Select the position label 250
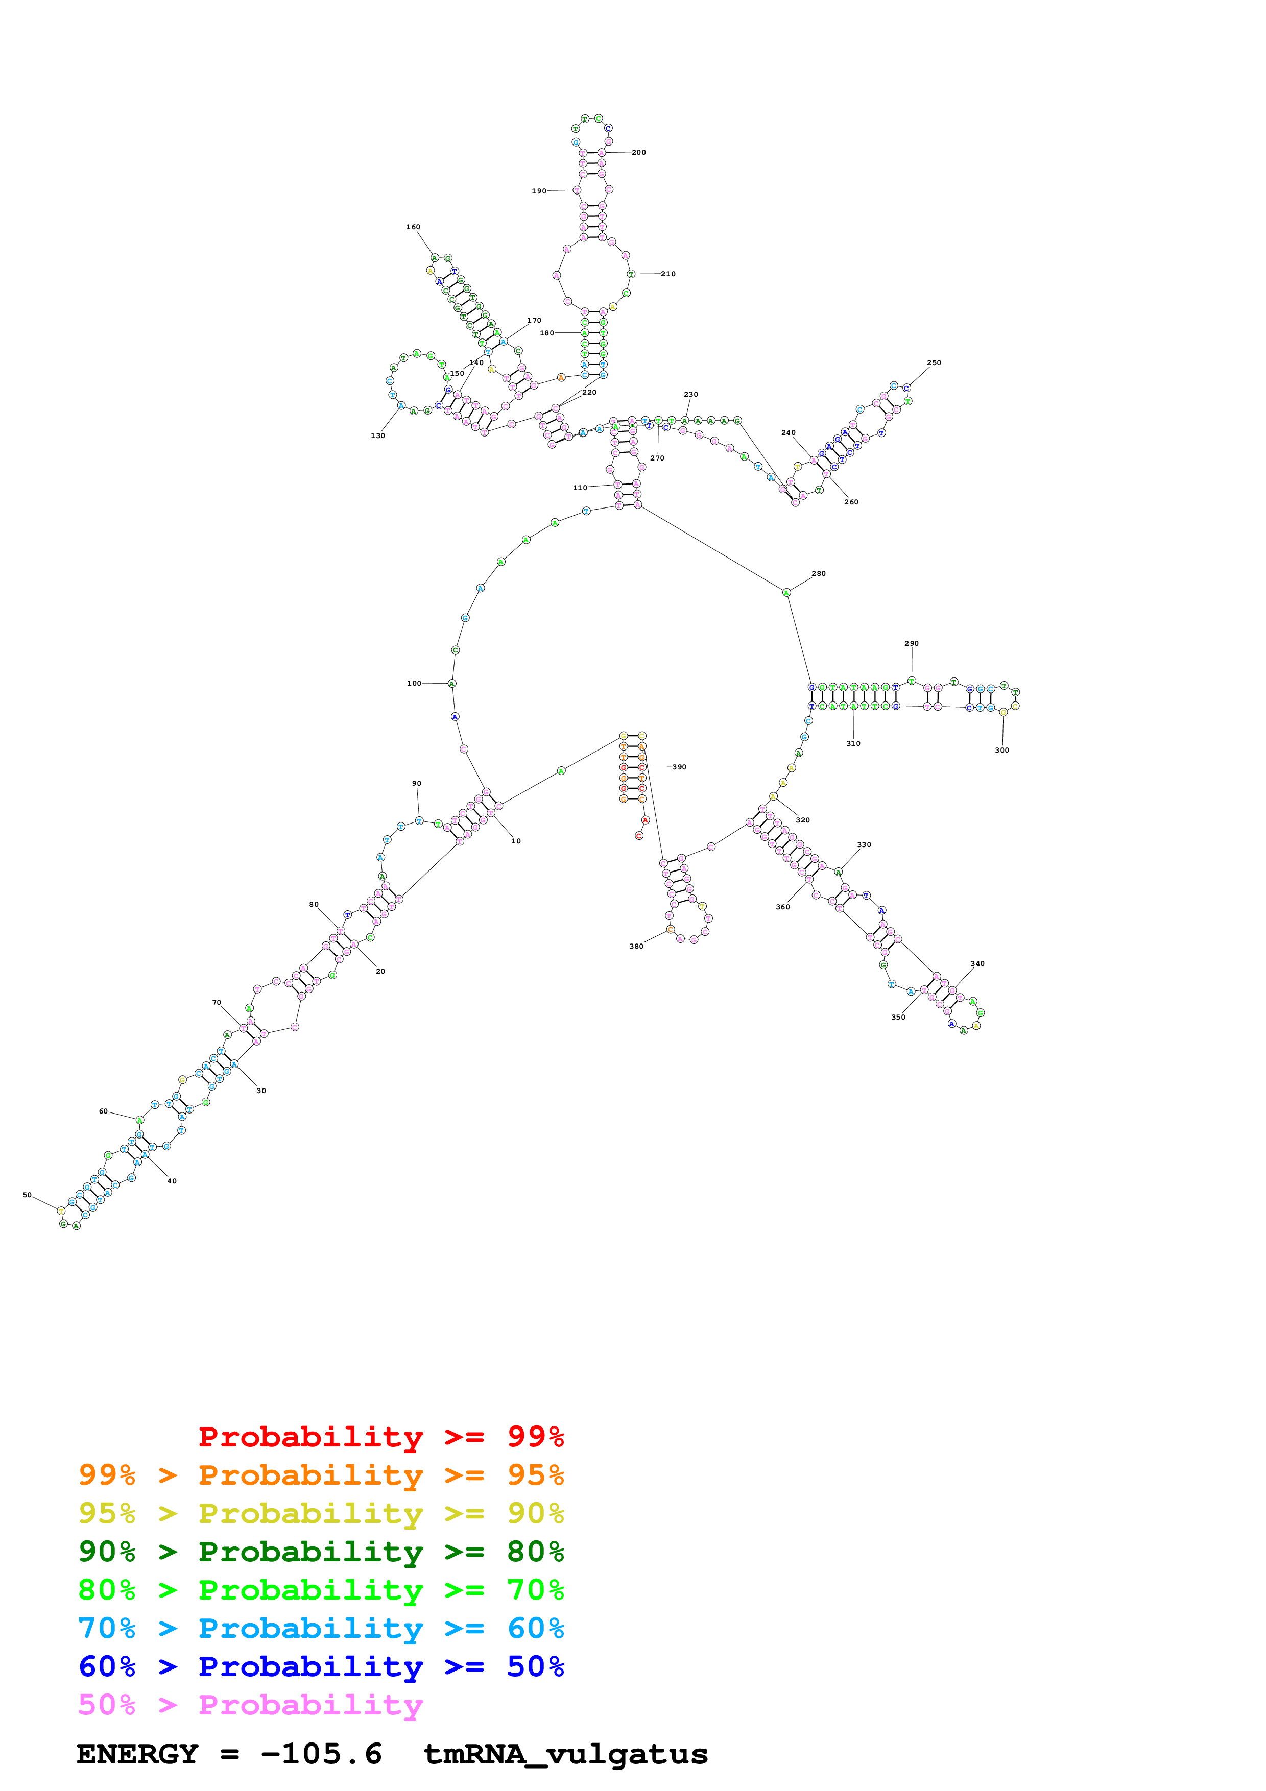click(x=934, y=362)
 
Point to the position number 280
click(x=818, y=573)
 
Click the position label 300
click(x=1001, y=751)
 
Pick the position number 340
click(x=977, y=963)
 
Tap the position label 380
click(x=636, y=946)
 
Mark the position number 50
click(x=27, y=1195)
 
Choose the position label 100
click(x=414, y=683)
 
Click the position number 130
click(x=377, y=436)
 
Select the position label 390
click(x=679, y=767)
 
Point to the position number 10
click(x=516, y=841)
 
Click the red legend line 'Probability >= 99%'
click(x=380, y=1437)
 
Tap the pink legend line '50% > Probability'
click(x=250, y=1705)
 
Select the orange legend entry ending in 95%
click(x=321, y=1475)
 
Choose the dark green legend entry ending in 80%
click(x=321, y=1552)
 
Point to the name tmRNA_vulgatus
click(x=565, y=1754)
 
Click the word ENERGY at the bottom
click(x=137, y=1754)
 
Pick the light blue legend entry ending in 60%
click(x=321, y=1629)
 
